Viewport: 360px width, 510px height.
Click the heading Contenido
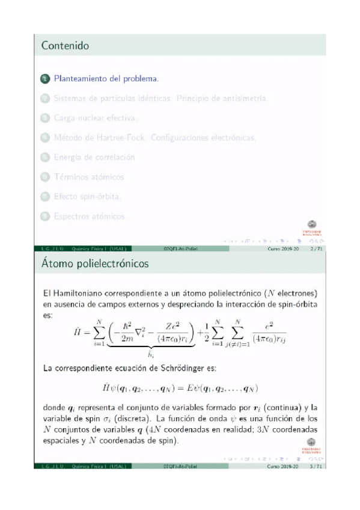[66, 46]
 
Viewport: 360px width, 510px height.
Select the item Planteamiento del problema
[106, 79]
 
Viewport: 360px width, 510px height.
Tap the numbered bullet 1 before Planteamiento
[45, 79]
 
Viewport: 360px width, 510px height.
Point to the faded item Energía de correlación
[94, 157]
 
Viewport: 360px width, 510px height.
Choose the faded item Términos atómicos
[89, 177]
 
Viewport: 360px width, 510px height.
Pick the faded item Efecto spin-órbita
[88, 196]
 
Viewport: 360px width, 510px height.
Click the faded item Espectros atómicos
[90, 216]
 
